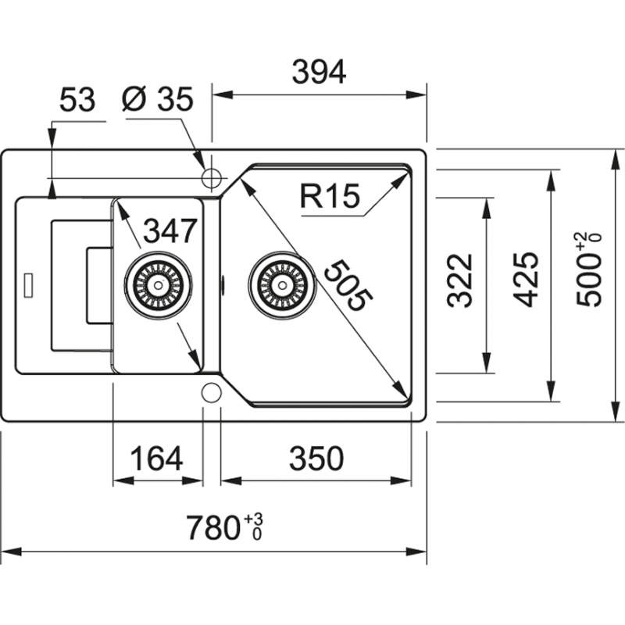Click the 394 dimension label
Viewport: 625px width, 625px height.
click(x=319, y=72)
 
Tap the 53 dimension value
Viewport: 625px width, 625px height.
click(x=77, y=100)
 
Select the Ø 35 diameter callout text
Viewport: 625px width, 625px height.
click(x=158, y=100)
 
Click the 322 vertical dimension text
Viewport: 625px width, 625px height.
click(x=462, y=279)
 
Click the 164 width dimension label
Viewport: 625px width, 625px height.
click(x=155, y=459)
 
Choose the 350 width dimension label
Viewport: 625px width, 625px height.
click(x=316, y=459)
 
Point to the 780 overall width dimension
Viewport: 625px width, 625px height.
click(x=212, y=529)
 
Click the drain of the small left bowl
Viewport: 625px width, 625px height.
click(x=158, y=283)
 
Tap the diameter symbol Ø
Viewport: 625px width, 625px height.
click(x=133, y=100)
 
